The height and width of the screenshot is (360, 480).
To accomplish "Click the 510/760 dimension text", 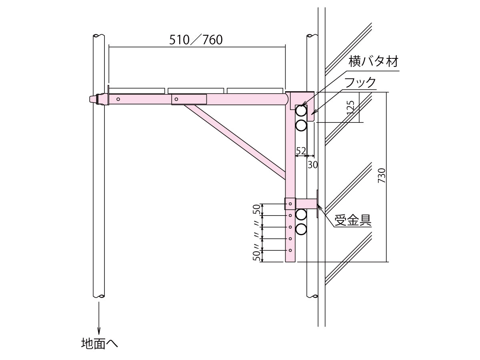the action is tap(196, 40).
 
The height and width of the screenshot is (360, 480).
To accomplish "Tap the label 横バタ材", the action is tap(374, 62).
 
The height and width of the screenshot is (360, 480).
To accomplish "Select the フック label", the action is tap(360, 82).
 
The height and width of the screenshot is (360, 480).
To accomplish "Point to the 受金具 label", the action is tap(353, 220).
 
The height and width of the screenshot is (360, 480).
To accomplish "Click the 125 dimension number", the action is tap(350, 107).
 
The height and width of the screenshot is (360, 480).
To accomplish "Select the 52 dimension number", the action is tap(301, 151).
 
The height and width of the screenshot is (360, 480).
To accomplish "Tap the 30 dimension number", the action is tap(313, 165).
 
